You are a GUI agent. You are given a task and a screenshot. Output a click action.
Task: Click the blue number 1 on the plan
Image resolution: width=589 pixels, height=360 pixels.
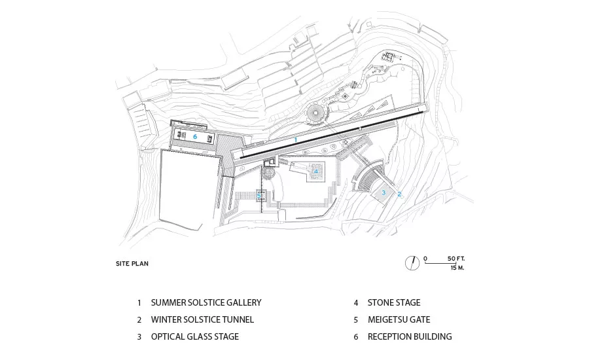(x=296, y=140)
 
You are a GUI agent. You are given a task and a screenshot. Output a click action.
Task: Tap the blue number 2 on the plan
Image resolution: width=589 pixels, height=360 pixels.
(x=399, y=194)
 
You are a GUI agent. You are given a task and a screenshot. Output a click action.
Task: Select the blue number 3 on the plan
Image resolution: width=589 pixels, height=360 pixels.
(x=384, y=192)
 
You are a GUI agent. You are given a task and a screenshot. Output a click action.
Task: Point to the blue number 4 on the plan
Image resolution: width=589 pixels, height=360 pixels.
(x=316, y=171)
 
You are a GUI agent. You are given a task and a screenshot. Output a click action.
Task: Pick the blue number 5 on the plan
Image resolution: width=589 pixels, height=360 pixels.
(x=259, y=196)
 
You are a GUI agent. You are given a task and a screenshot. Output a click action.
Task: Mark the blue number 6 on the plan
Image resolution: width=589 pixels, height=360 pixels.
(x=195, y=136)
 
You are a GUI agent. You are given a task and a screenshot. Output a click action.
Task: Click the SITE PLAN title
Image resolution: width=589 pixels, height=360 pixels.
(x=132, y=263)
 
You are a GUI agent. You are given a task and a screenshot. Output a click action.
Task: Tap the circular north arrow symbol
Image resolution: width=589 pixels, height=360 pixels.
(x=412, y=262)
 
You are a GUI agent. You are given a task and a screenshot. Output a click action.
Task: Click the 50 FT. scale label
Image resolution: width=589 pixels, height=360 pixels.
(x=456, y=259)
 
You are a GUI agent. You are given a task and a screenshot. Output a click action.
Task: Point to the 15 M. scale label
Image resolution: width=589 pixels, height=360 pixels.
(x=457, y=268)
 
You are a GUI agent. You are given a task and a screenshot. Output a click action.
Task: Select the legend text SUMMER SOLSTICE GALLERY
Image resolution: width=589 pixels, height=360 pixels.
(x=206, y=302)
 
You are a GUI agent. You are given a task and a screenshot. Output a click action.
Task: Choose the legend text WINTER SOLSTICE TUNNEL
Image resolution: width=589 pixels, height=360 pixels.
(x=202, y=319)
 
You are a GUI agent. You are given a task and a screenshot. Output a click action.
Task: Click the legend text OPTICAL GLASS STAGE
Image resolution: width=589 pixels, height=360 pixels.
(x=195, y=336)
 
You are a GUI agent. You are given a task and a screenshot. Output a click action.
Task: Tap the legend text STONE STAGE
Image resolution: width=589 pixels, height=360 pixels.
(x=394, y=302)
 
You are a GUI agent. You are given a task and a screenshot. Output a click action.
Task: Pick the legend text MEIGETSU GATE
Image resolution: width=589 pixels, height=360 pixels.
(x=399, y=319)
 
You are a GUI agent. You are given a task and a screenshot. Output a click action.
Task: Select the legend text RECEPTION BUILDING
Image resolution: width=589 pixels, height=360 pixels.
(x=410, y=336)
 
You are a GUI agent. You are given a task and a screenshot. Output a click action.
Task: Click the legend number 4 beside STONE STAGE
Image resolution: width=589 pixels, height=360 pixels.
(x=356, y=303)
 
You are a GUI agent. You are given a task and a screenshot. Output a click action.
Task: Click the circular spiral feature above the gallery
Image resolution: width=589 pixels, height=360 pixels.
(x=315, y=113)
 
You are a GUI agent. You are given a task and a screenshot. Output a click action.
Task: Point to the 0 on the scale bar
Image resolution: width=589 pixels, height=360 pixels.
(x=425, y=259)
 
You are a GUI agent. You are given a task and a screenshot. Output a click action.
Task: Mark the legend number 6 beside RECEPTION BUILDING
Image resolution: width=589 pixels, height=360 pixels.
(x=356, y=336)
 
